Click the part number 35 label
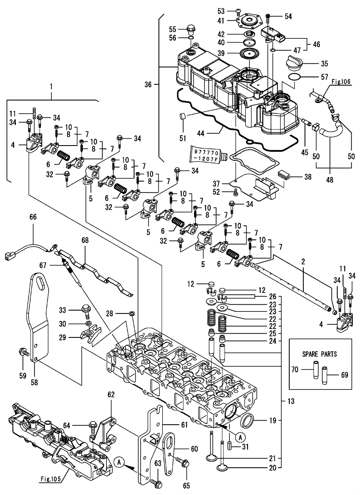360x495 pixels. pos(324,64)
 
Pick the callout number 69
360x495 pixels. pos(344,375)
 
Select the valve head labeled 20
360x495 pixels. pos(225,468)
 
